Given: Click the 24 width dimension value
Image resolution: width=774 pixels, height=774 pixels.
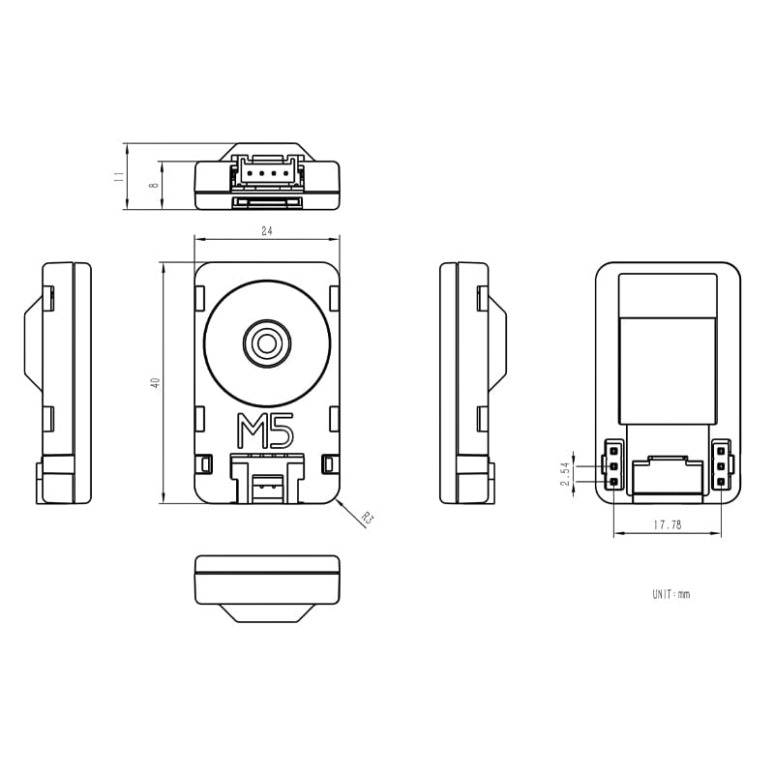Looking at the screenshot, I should pyautogui.click(x=266, y=230).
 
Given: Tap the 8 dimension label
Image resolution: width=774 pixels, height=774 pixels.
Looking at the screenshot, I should pyautogui.click(x=153, y=184).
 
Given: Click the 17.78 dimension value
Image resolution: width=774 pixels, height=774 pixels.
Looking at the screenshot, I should pyautogui.click(x=668, y=525).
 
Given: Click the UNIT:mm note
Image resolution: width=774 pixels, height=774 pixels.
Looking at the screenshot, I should pyautogui.click(x=670, y=594).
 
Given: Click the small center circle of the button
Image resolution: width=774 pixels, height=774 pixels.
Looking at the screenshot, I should pyautogui.click(x=266, y=341).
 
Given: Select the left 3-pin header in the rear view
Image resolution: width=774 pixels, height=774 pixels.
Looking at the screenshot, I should pyautogui.click(x=613, y=465).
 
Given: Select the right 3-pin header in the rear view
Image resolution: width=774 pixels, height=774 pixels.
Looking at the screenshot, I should pyautogui.click(x=721, y=465).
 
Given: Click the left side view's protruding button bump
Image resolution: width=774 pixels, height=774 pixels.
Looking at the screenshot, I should pyautogui.click(x=32, y=341).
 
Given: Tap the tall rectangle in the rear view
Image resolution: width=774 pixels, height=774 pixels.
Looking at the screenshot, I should pyautogui.click(x=668, y=348).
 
